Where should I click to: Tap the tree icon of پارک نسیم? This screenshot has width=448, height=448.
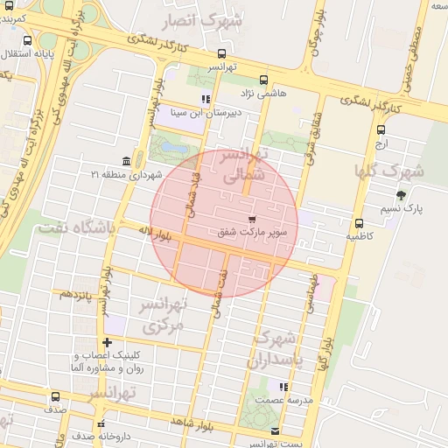click(x=401, y=195)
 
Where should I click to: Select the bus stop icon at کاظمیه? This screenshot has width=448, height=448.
click(x=360, y=223)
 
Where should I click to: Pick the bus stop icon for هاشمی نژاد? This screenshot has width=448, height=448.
click(x=265, y=78)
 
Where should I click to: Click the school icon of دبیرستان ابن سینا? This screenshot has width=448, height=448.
click(x=206, y=99)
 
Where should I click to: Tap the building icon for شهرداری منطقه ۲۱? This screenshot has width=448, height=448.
click(x=128, y=161)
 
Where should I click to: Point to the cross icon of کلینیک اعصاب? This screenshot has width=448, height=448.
click(x=107, y=342)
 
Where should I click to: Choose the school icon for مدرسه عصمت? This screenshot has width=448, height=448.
click(x=282, y=387)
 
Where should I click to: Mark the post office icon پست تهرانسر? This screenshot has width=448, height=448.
click(x=276, y=431)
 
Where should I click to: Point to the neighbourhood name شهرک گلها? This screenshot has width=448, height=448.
click(x=388, y=170)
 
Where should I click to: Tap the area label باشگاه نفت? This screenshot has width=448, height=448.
click(x=75, y=229)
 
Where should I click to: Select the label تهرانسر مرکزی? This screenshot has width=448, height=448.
click(x=164, y=316)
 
